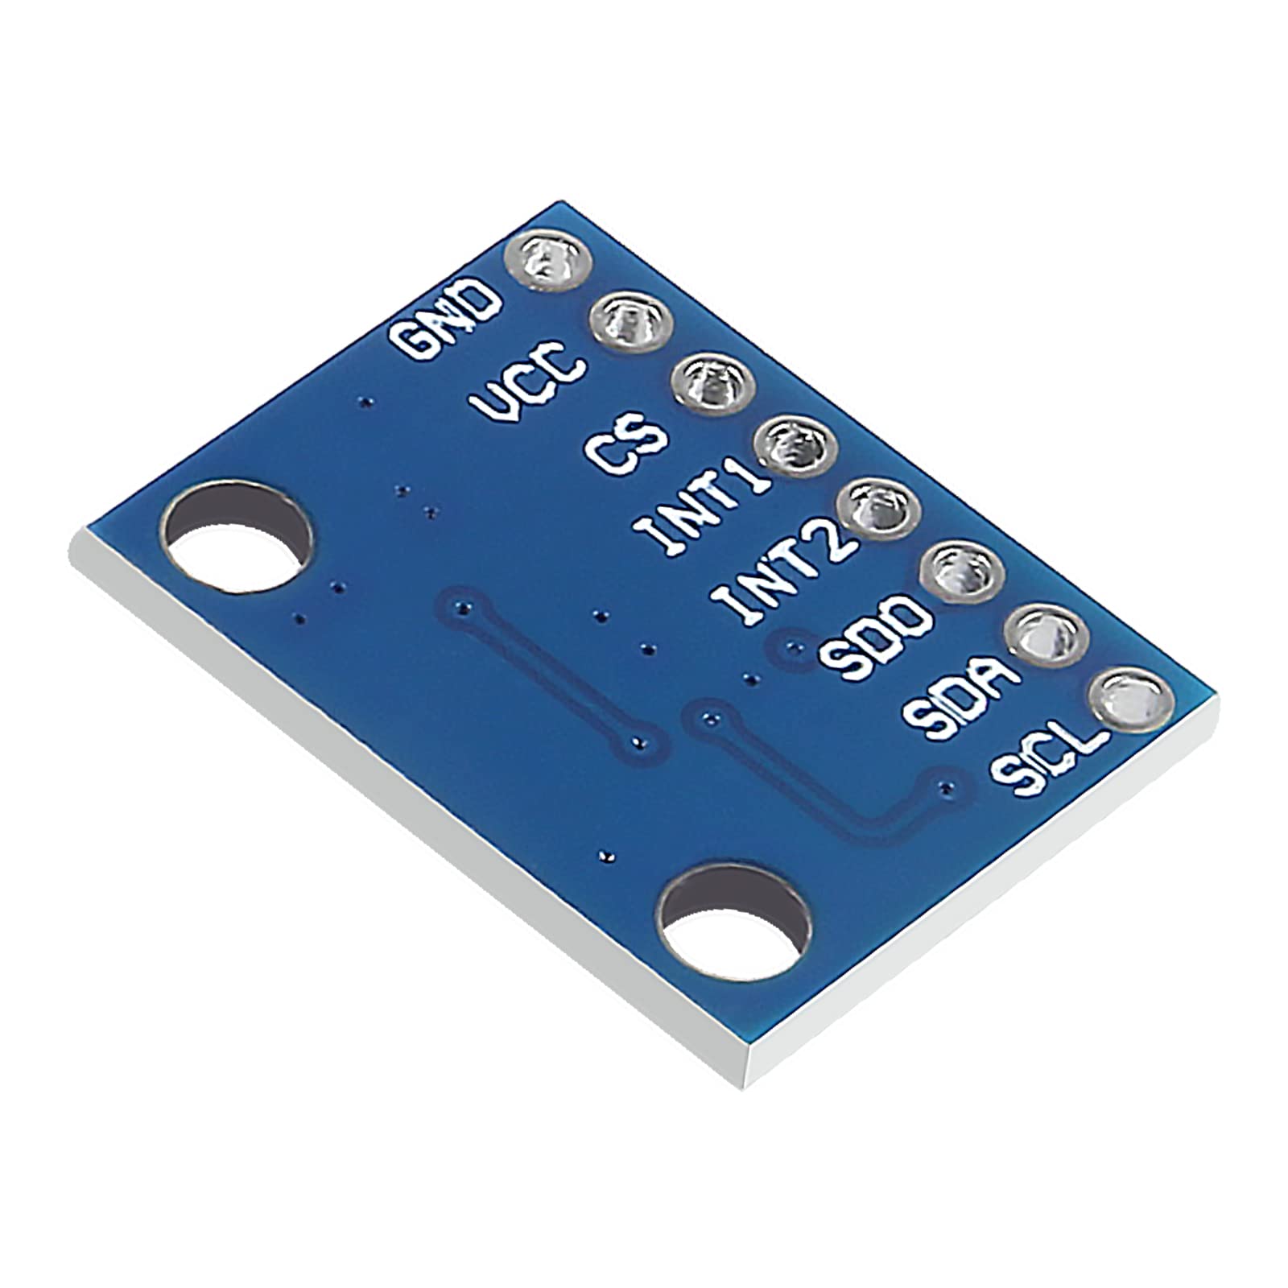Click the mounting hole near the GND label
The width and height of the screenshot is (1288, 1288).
click(x=239, y=535)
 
